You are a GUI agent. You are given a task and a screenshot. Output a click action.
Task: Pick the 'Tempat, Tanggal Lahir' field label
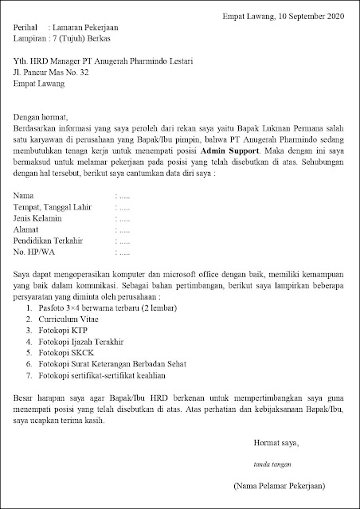(x=53, y=206)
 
